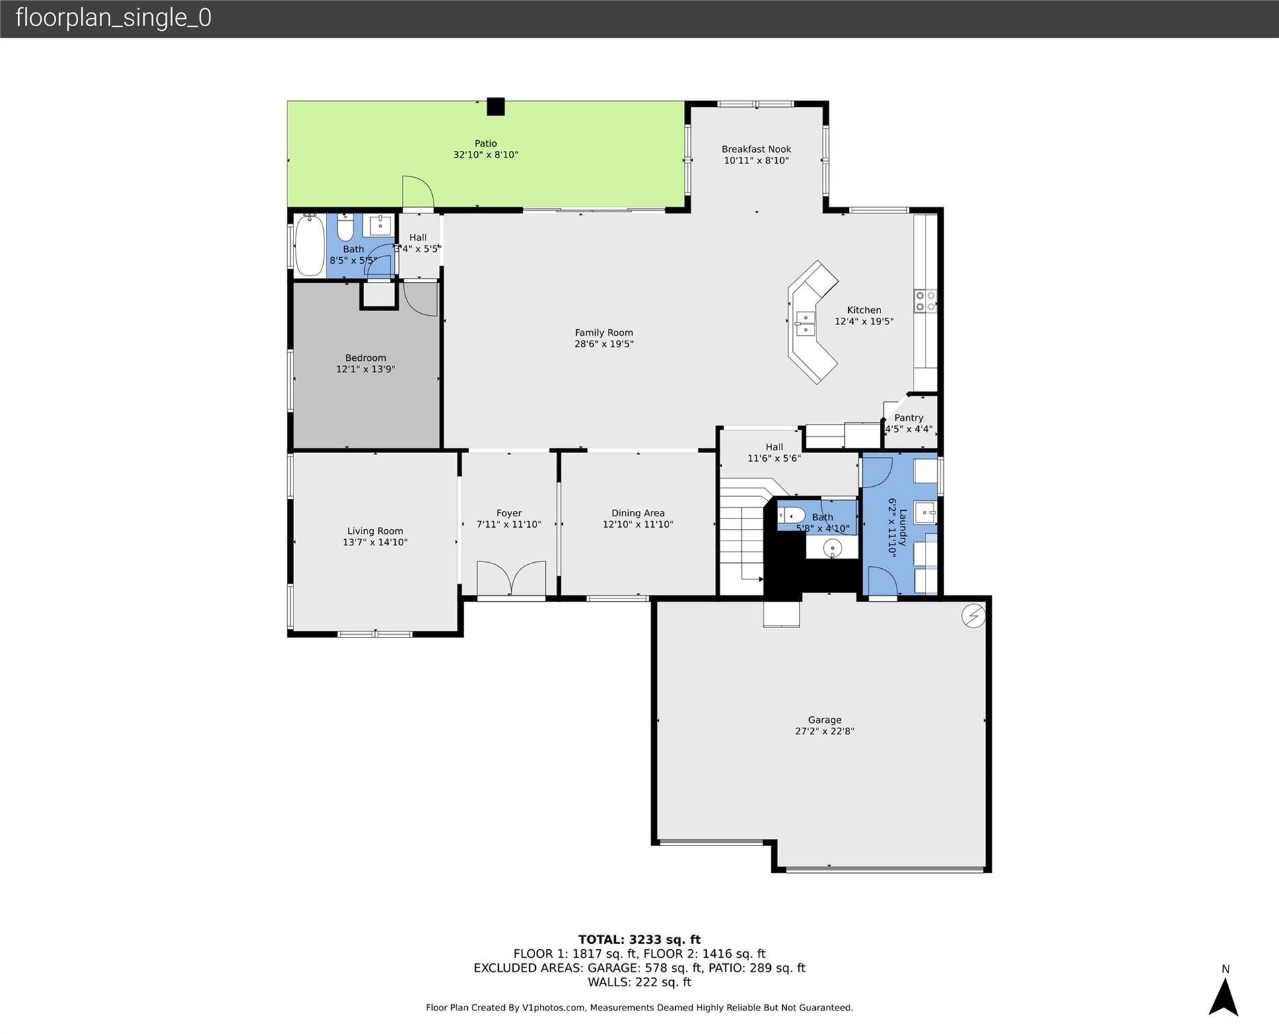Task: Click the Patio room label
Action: pyautogui.click(x=485, y=143)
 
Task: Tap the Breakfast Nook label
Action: pyautogui.click(x=756, y=149)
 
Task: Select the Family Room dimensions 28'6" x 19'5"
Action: pyautogui.click(x=604, y=344)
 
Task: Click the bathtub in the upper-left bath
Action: pyautogui.click(x=310, y=245)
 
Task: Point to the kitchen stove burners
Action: pyautogui.click(x=925, y=301)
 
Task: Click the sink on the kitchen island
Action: pyautogui.click(x=805, y=324)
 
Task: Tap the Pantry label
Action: pyautogui.click(x=909, y=418)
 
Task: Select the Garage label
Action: pyautogui.click(x=825, y=720)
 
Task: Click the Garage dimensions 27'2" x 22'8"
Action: pyautogui.click(x=825, y=731)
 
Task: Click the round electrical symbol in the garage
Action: pyautogui.click(x=973, y=616)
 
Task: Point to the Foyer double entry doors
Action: pyautogui.click(x=511, y=578)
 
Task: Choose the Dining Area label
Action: pyautogui.click(x=638, y=513)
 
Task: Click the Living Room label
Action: pyautogui.click(x=375, y=531)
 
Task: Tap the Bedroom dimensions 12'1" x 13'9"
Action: pyautogui.click(x=366, y=369)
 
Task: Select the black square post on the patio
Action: pyautogui.click(x=495, y=106)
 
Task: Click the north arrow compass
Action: pyautogui.click(x=1224, y=996)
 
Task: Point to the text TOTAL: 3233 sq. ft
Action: pyautogui.click(x=639, y=940)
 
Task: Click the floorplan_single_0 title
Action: pyautogui.click(x=113, y=18)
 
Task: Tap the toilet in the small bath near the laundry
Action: pyautogui.click(x=791, y=515)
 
